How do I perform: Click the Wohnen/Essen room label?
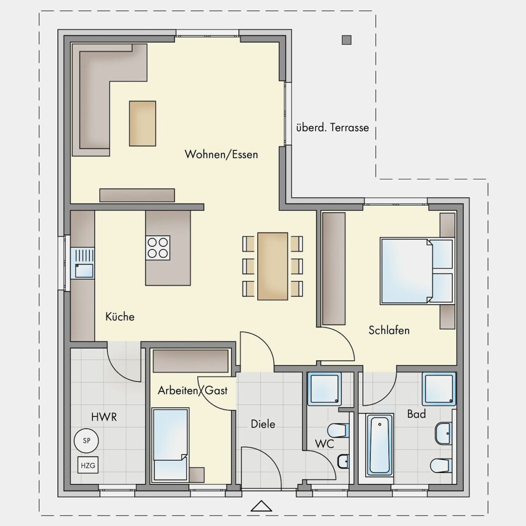click(x=221, y=155)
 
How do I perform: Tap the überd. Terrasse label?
click(x=332, y=127)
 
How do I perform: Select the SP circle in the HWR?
click(x=86, y=440)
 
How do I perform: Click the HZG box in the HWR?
click(x=88, y=466)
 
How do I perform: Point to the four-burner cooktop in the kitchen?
click(x=158, y=248)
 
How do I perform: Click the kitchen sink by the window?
click(x=83, y=263)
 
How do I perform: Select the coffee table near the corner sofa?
click(x=143, y=124)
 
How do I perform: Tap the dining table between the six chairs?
click(x=272, y=266)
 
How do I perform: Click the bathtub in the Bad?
click(x=380, y=445)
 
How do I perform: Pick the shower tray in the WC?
click(x=325, y=389)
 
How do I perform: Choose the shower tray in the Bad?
click(x=439, y=389)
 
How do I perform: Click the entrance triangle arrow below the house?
click(x=261, y=506)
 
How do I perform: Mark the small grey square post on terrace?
click(x=347, y=40)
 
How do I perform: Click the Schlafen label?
click(x=389, y=330)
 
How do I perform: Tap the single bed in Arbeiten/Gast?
click(x=170, y=445)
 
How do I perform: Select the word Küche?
click(x=120, y=316)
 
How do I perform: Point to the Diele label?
click(x=263, y=424)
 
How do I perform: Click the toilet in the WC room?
click(x=338, y=430)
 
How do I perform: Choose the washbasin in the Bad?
click(x=444, y=433)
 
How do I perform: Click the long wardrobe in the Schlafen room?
click(x=334, y=269)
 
